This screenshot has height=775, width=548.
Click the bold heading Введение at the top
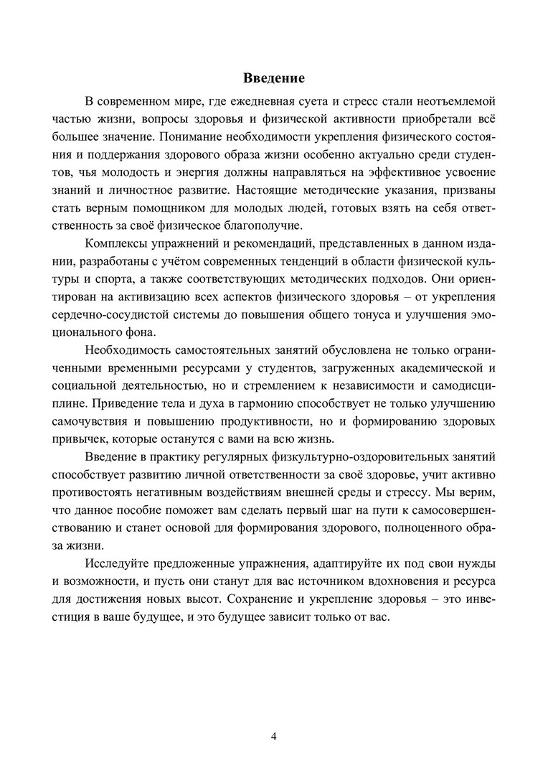(x=274, y=77)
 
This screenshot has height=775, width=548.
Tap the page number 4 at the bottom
(x=274, y=737)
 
